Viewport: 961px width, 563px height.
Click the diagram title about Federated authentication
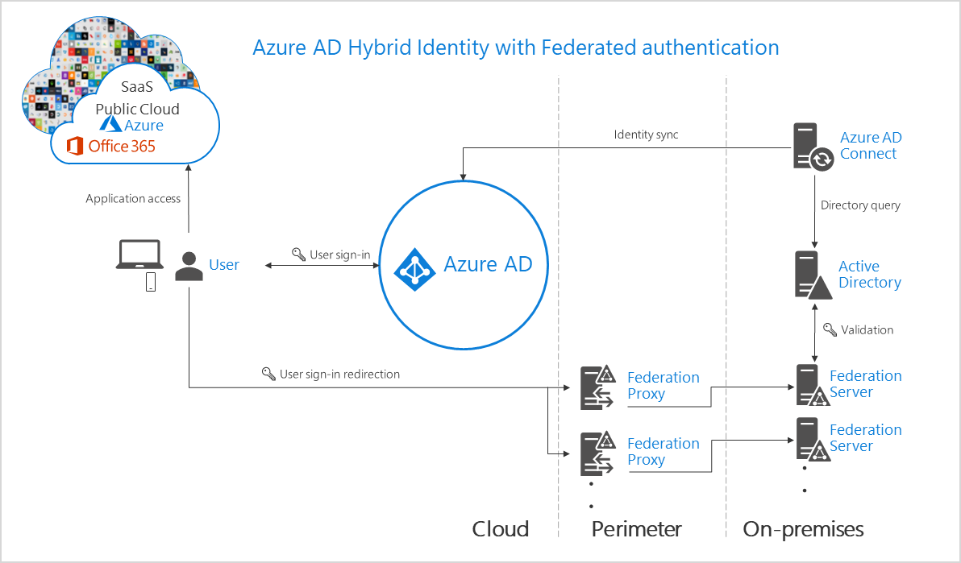516,48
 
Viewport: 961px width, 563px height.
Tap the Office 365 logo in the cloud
75,146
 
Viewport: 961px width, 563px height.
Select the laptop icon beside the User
139,255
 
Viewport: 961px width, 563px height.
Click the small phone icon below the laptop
150,282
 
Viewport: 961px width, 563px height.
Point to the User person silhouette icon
189,267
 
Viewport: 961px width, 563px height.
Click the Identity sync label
646,135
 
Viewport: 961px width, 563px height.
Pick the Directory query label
860,205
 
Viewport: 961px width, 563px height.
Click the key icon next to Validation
830,329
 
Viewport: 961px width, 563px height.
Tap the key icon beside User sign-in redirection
268,374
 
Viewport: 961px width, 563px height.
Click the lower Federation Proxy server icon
597,453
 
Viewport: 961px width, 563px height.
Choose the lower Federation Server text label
865,438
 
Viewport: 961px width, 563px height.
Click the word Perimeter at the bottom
636,529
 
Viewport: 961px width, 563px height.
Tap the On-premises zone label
803,529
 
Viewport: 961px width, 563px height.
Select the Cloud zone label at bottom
501,529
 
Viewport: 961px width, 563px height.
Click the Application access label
133,199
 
